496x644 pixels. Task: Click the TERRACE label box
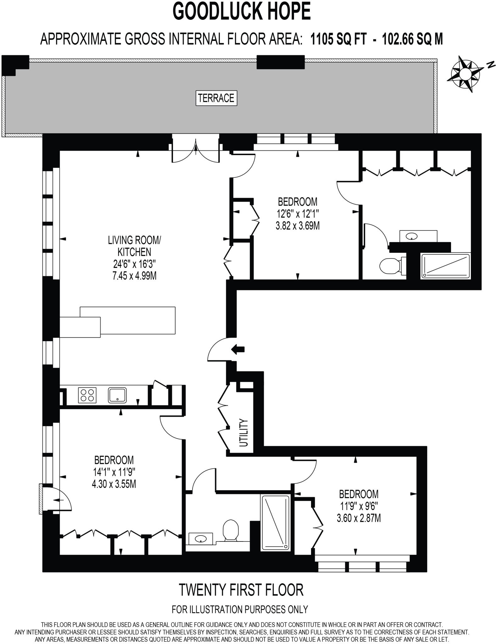coord(216,98)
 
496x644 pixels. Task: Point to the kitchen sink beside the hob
coord(117,395)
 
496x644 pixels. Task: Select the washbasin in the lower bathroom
coord(201,539)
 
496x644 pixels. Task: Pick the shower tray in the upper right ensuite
coord(445,266)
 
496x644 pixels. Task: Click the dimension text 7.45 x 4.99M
coord(135,276)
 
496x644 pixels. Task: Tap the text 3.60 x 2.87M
coord(359,518)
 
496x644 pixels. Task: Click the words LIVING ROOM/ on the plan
coord(134,240)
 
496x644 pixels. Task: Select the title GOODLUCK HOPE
coord(242,12)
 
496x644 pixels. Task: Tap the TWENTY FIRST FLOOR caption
coord(241,590)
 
